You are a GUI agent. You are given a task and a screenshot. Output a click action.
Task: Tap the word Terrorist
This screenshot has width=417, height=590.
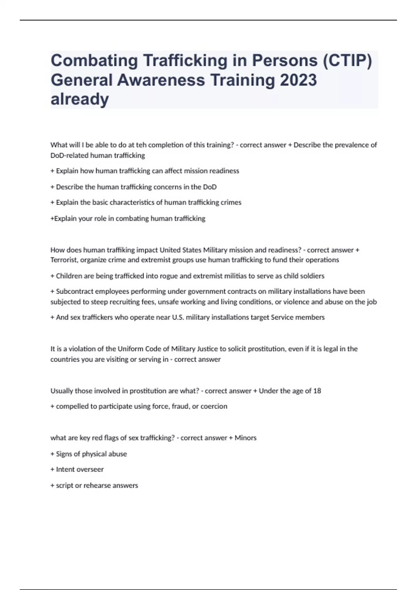click(64, 260)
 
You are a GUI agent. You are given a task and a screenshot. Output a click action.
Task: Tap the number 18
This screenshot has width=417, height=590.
click(317, 391)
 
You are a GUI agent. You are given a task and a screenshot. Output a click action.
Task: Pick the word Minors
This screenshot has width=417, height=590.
click(245, 438)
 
